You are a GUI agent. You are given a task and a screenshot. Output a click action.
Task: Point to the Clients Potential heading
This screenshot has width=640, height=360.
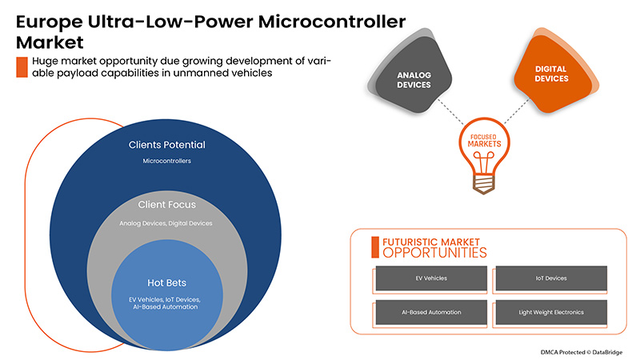tap(167, 145)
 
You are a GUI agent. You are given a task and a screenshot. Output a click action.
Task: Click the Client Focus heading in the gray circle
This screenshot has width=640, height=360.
tap(166, 205)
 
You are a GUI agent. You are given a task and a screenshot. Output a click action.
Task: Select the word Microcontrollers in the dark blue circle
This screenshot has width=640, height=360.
tap(166, 162)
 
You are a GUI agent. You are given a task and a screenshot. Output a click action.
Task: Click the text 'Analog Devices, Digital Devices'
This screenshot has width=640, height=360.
tap(166, 223)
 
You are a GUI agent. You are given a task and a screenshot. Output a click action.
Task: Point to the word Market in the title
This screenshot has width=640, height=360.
tap(48, 41)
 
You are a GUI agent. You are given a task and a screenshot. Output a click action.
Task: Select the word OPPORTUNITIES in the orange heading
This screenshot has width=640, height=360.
tap(434, 253)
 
